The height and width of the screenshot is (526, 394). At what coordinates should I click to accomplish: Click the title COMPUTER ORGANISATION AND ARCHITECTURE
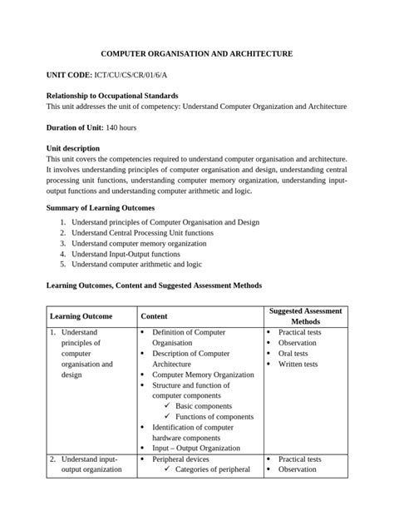196,54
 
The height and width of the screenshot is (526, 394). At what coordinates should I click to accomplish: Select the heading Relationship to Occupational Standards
112,97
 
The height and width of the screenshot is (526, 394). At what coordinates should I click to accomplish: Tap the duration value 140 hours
121,127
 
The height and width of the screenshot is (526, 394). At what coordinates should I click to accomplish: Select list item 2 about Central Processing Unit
142,233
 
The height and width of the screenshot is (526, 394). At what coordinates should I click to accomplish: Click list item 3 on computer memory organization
139,244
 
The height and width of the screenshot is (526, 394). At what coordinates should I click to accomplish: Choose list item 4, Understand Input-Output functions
126,254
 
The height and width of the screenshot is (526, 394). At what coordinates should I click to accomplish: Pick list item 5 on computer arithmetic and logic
136,264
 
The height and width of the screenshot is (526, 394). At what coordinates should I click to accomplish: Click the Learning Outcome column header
81,316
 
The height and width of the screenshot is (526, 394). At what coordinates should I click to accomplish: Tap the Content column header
154,316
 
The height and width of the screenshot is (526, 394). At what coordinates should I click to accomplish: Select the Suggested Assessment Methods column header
304,316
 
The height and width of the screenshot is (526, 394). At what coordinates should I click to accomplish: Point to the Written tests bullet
298,364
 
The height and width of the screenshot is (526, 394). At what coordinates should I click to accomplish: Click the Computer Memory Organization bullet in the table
203,375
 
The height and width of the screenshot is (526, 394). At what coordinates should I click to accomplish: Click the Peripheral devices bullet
180,459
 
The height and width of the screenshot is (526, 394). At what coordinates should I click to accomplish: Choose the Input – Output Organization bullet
196,448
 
